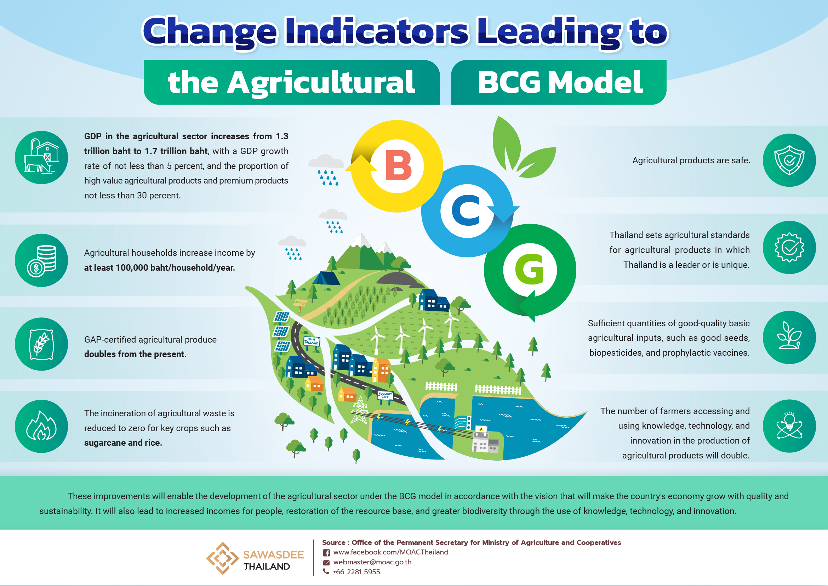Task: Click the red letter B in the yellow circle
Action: [399, 165]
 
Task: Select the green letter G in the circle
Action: [529, 269]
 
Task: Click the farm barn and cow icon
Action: [41, 157]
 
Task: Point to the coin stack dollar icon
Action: [41, 260]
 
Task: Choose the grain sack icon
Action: [41, 344]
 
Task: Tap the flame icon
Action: [41, 426]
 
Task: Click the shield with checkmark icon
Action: [789, 160]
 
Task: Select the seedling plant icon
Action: [789, 337]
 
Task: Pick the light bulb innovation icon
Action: [789, 426]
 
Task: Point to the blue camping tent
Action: [326, 278]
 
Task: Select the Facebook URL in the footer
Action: [390, 552]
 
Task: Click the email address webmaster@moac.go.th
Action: [372, 562]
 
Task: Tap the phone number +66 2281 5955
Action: [356, 571]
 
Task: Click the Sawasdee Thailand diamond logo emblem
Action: [223, 558]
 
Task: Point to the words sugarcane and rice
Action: [123, 443]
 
